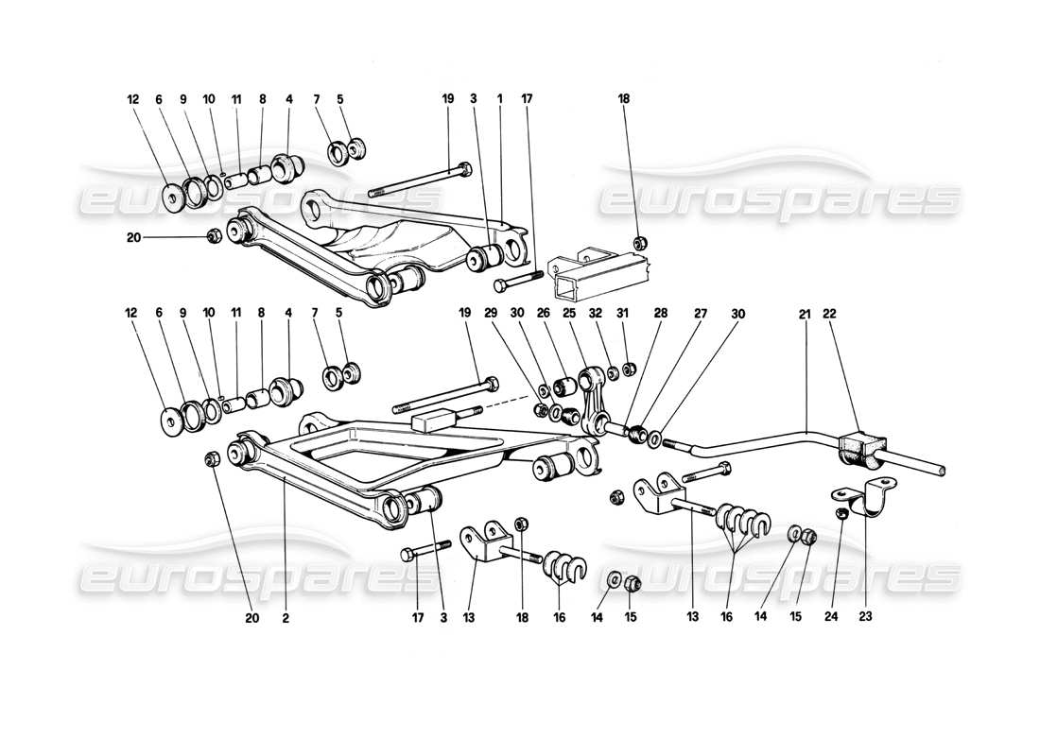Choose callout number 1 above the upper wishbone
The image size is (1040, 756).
point(499,97)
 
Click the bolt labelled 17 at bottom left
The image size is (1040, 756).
point(423,550)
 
